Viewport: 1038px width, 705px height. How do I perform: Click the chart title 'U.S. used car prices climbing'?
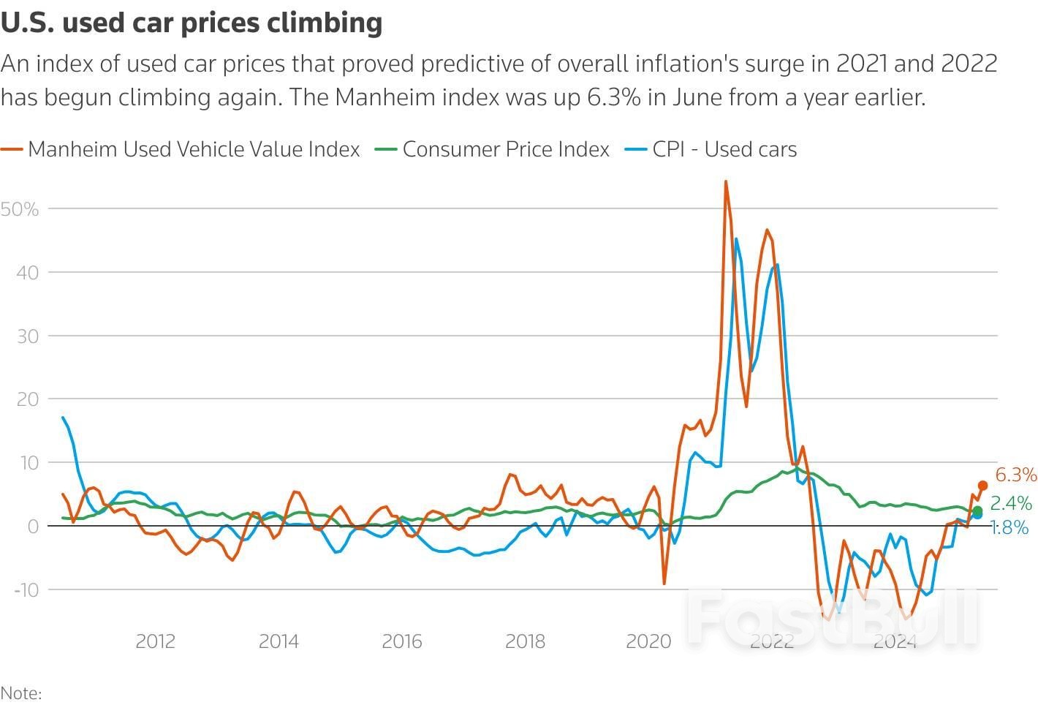(192, 23)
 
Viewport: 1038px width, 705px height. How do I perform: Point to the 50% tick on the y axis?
(20, 209)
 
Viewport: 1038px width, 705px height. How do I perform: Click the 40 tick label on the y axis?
(26, 273)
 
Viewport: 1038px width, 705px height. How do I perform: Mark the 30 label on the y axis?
(26, 336)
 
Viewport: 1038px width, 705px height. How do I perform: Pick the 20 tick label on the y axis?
(26, 399)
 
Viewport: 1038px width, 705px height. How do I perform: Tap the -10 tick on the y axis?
(25, 589)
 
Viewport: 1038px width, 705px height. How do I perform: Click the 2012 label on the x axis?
(155, 641)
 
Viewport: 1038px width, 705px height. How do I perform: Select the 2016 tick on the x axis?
(401, 641)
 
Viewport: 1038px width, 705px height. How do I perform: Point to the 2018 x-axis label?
(525, 641)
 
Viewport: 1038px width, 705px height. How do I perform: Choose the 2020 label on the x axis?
(648, 641)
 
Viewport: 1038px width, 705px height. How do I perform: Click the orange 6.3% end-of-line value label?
(1016, 475)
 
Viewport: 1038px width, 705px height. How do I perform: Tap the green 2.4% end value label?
(1011, 503)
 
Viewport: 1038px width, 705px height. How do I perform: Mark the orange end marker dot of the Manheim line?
(982, 486)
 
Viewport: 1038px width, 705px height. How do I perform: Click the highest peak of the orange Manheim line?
(725, 181)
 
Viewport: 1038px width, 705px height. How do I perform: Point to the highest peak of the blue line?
(735, 239)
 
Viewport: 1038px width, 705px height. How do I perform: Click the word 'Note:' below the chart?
(21, 693)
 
